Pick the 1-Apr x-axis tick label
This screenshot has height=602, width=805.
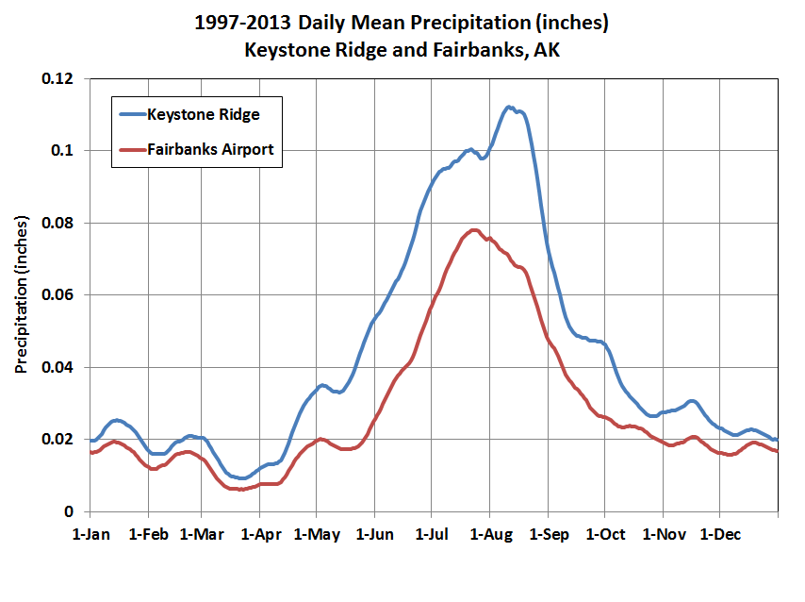[260, 534]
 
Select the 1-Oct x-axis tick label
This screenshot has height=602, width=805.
[605, 534]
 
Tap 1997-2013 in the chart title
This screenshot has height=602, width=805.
[243, 21]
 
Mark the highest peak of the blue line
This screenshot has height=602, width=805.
[509, 107]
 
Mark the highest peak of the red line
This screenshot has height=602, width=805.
[474, 229]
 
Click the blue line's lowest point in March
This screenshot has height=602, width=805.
[241, 478]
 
